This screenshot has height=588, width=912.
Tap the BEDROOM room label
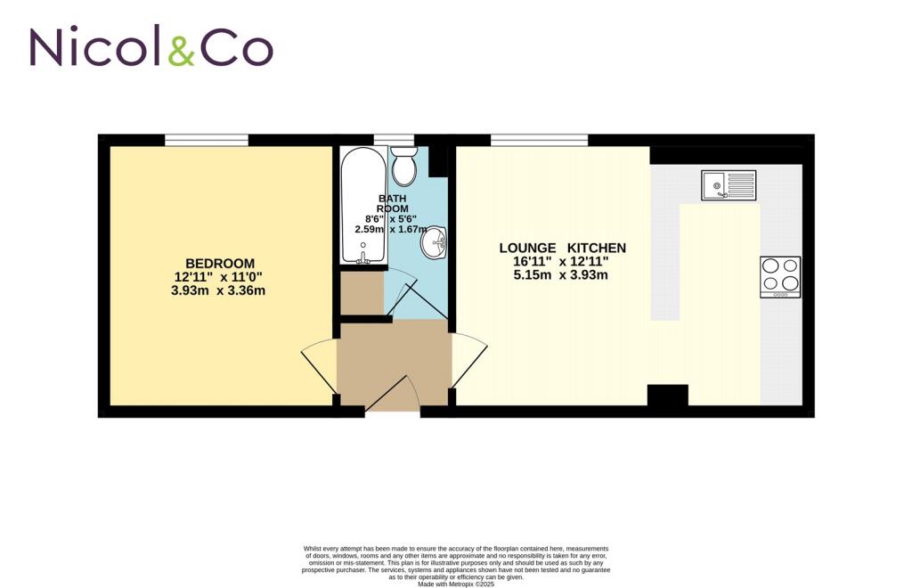click(x=220, y=264)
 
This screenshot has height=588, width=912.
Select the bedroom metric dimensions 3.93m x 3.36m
click(x=218, y=290)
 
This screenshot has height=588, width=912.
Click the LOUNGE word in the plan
click(x=527, y=248)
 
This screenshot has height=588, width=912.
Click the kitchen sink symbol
click(x=728, y=185)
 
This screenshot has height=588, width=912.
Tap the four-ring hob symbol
click(x=779, y=276)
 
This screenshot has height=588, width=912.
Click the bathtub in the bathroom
click(x=363, y=205)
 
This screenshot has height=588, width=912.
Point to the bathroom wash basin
click(x=436, y=241)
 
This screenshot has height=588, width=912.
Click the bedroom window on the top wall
click(x=206, y=140)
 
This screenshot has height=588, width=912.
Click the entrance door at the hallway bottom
click(x=393, y=396)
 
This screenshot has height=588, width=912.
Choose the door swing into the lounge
click(x=469, y=360)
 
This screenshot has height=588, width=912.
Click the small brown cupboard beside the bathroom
click(x=362, y=293)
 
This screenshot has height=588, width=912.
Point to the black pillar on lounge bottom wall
click(x=667, y=395)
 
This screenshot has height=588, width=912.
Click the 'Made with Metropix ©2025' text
click(x=455, y=584)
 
